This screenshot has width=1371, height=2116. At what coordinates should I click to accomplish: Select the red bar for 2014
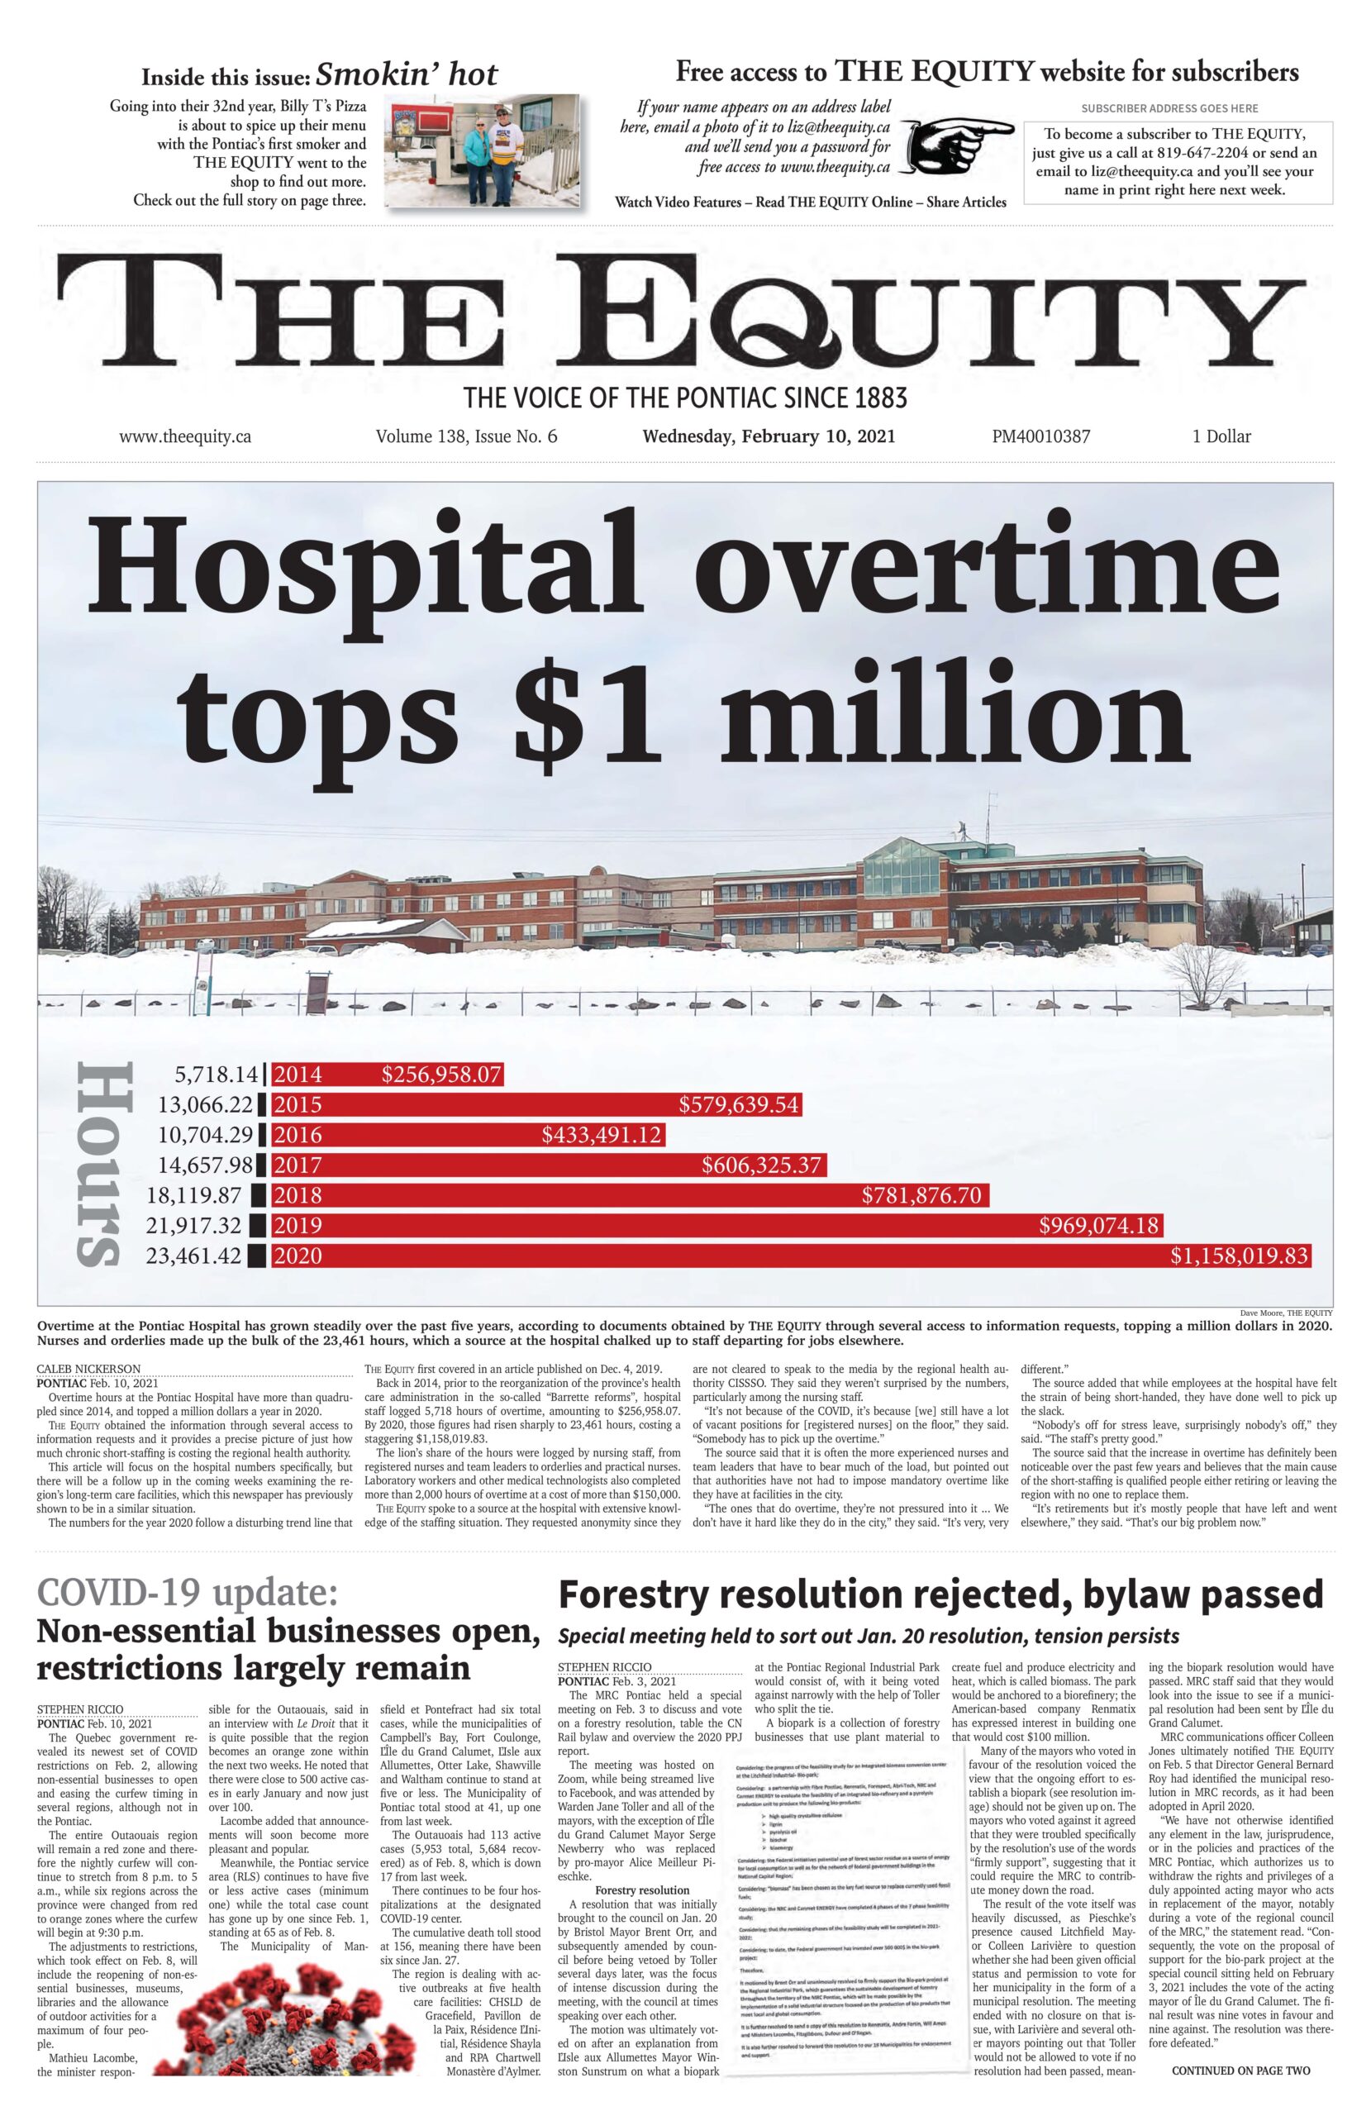click(x=387, y=1074)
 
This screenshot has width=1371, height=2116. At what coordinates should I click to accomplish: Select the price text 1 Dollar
click(x=1221, y=436)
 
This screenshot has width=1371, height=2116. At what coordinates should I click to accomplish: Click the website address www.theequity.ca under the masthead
click(x=185, y=436)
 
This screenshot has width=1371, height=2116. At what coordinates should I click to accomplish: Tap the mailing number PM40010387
click(x=1041, y=436)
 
